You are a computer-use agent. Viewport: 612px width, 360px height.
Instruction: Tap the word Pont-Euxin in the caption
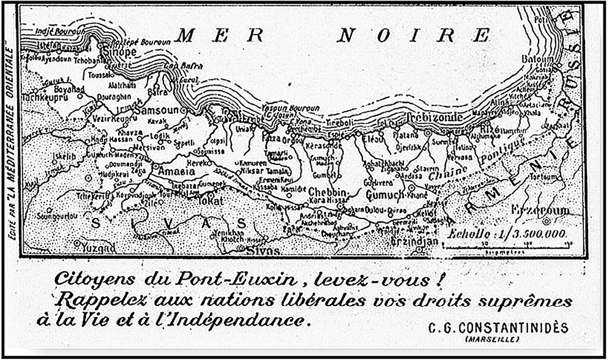(233, 279)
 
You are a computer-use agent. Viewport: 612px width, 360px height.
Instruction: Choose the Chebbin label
(327, 191)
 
